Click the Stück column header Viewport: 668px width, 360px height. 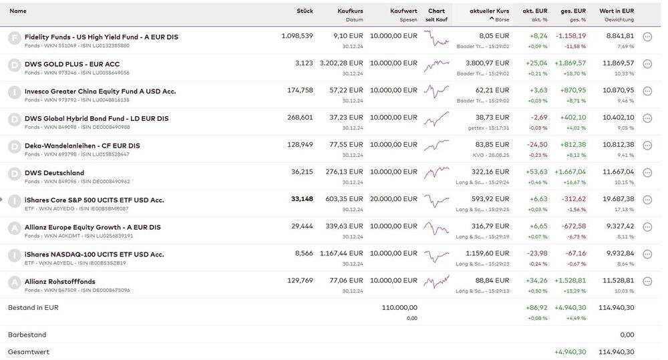[x=305, y=11]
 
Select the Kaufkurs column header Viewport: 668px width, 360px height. [x=350, y=11]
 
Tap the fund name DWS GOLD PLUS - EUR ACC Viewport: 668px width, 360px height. [x=71, y=64]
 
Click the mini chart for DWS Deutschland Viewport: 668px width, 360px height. [x=436, y=172]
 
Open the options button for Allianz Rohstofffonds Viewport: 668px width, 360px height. [x=647, y=282]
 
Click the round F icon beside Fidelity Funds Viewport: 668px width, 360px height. [x=14, y=37]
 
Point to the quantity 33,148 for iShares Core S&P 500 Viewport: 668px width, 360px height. [x=302, y=199]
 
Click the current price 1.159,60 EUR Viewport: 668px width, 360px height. [x=490, y=254]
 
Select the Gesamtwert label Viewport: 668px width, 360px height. [x=29, y=351]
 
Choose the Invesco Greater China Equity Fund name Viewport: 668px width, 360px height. [x=100, y=91]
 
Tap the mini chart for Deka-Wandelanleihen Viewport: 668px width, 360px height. [x=436, y=145]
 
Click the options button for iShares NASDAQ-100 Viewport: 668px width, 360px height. [x=647, y=254]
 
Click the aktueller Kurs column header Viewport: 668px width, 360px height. [x=489, y=11]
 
